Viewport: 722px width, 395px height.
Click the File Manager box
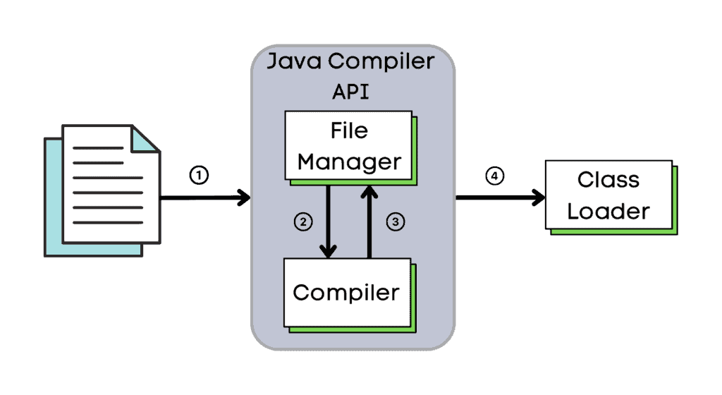point(348,146)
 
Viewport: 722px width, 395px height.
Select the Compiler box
point(346,291)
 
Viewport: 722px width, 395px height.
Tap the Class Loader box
point(608,195)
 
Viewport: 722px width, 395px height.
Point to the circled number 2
point(302,221)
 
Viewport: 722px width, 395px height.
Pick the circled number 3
point(396,221)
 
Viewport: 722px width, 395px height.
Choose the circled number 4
point(495,176)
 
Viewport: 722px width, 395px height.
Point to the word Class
point(608,180)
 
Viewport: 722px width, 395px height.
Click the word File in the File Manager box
point(349,131)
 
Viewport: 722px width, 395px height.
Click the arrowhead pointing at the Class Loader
point(539,197)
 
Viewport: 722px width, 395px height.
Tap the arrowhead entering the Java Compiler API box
point(245,197)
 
